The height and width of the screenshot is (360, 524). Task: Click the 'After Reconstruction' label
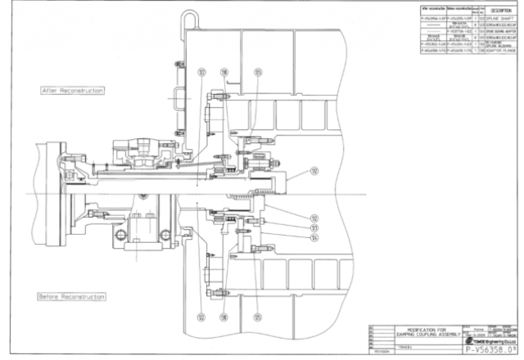72,90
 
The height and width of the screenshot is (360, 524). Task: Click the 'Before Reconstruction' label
72,296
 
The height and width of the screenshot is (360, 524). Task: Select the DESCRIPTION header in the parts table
497,11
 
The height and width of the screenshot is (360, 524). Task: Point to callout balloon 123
314,228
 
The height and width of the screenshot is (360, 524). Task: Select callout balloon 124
314,238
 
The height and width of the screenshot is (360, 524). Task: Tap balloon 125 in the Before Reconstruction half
258,316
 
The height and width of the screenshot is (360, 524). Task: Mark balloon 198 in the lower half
223,316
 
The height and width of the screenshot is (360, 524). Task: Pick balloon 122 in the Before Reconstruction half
201,316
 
